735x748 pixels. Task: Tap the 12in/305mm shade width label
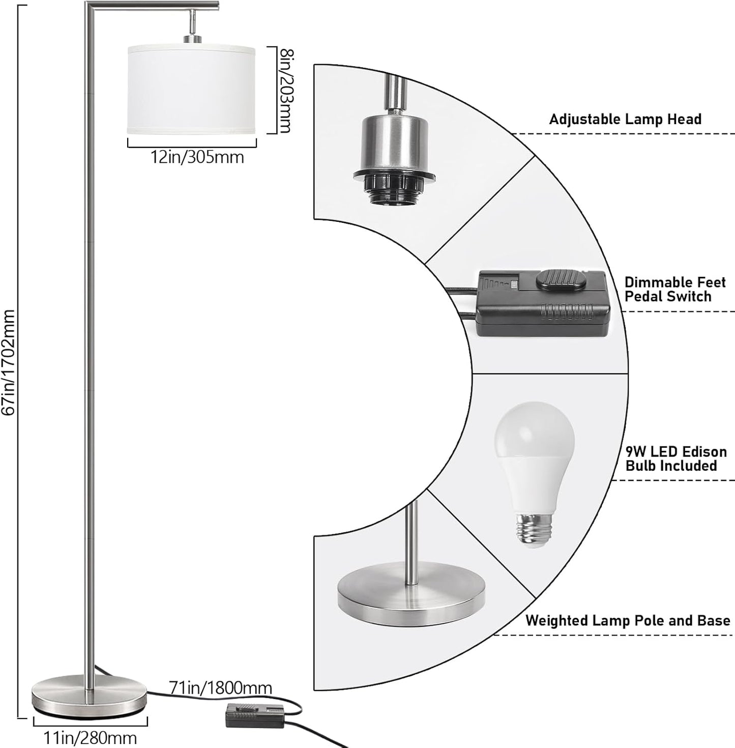pos(197,157)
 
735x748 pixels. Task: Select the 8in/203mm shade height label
pos(284,90)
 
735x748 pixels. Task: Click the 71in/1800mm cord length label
pos(220,688)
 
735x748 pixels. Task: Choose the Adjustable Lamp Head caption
pos(625,120)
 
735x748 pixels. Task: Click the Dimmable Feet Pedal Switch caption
pos(674,290)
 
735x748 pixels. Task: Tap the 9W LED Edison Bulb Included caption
pos(675,458)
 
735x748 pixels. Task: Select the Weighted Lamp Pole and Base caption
pos(628,621)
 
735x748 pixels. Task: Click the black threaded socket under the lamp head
pos(395,188)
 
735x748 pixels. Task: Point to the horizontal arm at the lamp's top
pos(153,6)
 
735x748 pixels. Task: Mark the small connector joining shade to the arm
pos(192,28)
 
